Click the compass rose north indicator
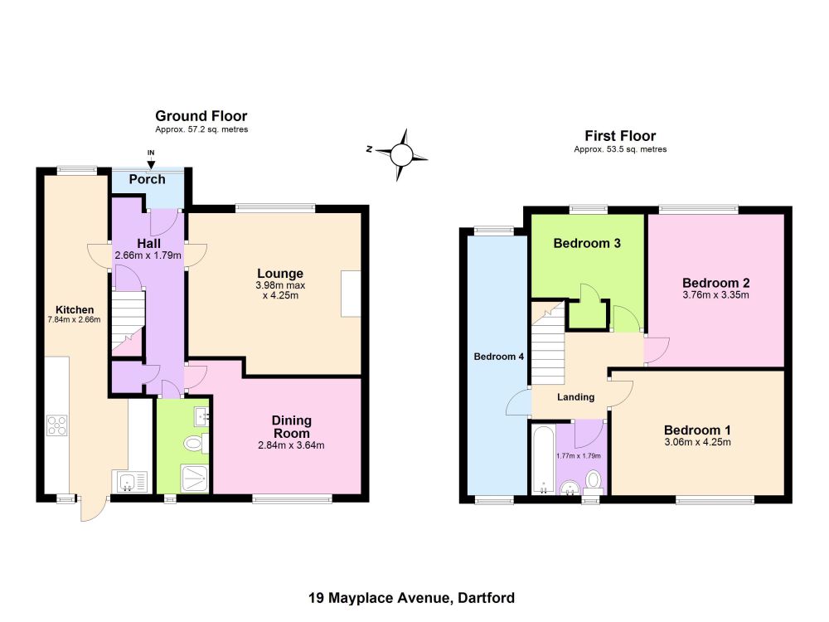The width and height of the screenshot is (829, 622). [369, 149]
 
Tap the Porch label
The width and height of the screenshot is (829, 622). [147, 179]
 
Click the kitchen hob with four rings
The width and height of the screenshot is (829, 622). [57, 425]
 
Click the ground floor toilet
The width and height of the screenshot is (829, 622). [196, 443]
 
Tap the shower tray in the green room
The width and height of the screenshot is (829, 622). [195, 479]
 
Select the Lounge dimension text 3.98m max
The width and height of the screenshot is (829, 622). [280, 285]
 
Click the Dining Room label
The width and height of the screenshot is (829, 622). [291, 427]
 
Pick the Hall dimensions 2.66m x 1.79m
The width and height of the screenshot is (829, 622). [148, 255]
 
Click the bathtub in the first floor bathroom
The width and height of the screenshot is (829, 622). [542, 459]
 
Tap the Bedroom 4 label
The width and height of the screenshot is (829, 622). [498, 357]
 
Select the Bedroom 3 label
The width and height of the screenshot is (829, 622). [587, 243]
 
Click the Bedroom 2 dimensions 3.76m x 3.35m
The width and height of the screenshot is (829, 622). [716, 295]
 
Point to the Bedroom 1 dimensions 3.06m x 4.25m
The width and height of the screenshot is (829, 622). [697, 442]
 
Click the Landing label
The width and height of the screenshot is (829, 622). [576, 396]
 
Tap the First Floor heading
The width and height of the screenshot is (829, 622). [620, 136]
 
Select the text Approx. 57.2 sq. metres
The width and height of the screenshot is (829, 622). [201, 129]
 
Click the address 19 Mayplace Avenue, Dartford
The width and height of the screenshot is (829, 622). [411, 598]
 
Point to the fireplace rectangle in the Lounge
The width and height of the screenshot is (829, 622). [351, 294]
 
